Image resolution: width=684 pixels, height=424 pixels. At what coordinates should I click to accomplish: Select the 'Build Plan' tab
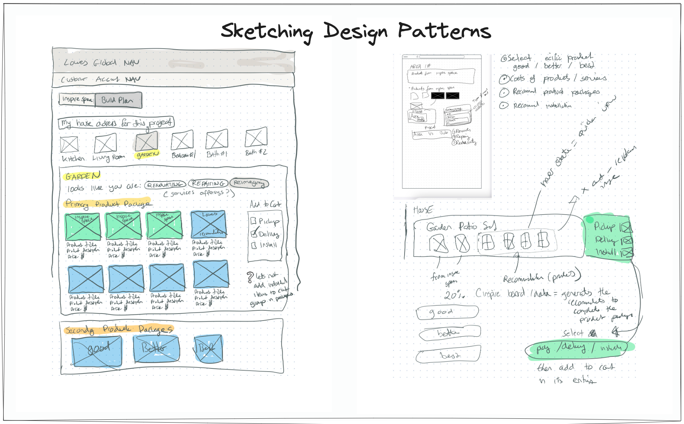point(118,100)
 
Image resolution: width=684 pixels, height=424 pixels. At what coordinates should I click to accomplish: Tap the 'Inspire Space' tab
point(77,100)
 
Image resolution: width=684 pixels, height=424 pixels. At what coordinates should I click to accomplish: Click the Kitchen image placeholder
point(69,145)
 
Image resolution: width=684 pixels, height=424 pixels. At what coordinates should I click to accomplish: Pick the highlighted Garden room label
point(148,154)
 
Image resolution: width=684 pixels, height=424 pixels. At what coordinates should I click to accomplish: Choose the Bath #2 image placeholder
point(256,137)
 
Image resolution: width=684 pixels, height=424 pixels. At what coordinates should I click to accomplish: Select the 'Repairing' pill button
point(208,184)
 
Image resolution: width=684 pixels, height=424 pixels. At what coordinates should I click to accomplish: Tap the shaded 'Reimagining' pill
point(249,183)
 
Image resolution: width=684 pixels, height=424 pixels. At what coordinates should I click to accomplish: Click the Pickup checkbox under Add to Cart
point(253,221)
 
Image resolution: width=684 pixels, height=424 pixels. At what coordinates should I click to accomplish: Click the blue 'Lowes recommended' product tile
point(209,224)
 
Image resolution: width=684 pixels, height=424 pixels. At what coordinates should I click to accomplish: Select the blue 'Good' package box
point(97,350)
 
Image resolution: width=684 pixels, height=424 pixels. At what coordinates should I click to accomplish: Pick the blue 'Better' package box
point(156,348)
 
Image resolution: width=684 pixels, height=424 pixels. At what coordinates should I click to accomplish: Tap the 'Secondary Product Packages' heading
point(119,329)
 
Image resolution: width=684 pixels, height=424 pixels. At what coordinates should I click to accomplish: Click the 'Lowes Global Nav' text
point(102,63)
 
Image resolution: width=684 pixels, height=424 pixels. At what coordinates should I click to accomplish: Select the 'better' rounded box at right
point(450,333)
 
